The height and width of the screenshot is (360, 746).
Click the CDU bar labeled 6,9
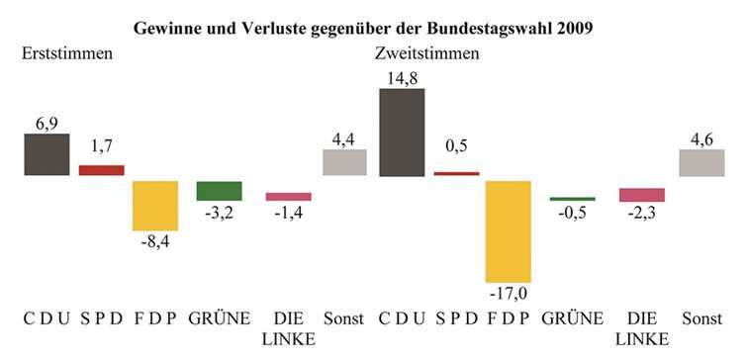(47, 155)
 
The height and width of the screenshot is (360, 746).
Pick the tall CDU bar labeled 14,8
(402, 133)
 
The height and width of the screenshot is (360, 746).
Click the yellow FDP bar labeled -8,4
(155, 206)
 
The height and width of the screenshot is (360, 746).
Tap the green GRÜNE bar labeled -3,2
(219, 191)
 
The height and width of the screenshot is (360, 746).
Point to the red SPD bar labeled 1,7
(101, 170)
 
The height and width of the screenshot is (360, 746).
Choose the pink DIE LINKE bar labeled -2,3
(642, 195)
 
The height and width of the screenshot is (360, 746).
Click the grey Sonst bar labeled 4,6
(701, 163)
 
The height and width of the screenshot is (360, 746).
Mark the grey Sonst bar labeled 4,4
(344, 163)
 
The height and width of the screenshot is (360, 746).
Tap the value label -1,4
(288, 214)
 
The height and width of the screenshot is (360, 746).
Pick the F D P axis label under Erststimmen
(155, 318)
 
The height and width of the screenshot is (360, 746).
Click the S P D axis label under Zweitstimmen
(455, 318)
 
